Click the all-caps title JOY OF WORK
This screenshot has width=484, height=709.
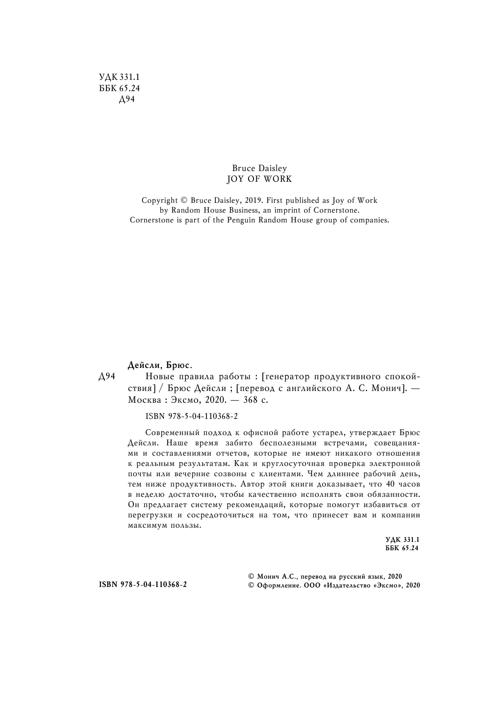point(259,179)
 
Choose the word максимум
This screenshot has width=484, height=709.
point(145,525)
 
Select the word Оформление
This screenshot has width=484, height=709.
point(278,586)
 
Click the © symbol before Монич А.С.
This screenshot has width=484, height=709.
point(252,577)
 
